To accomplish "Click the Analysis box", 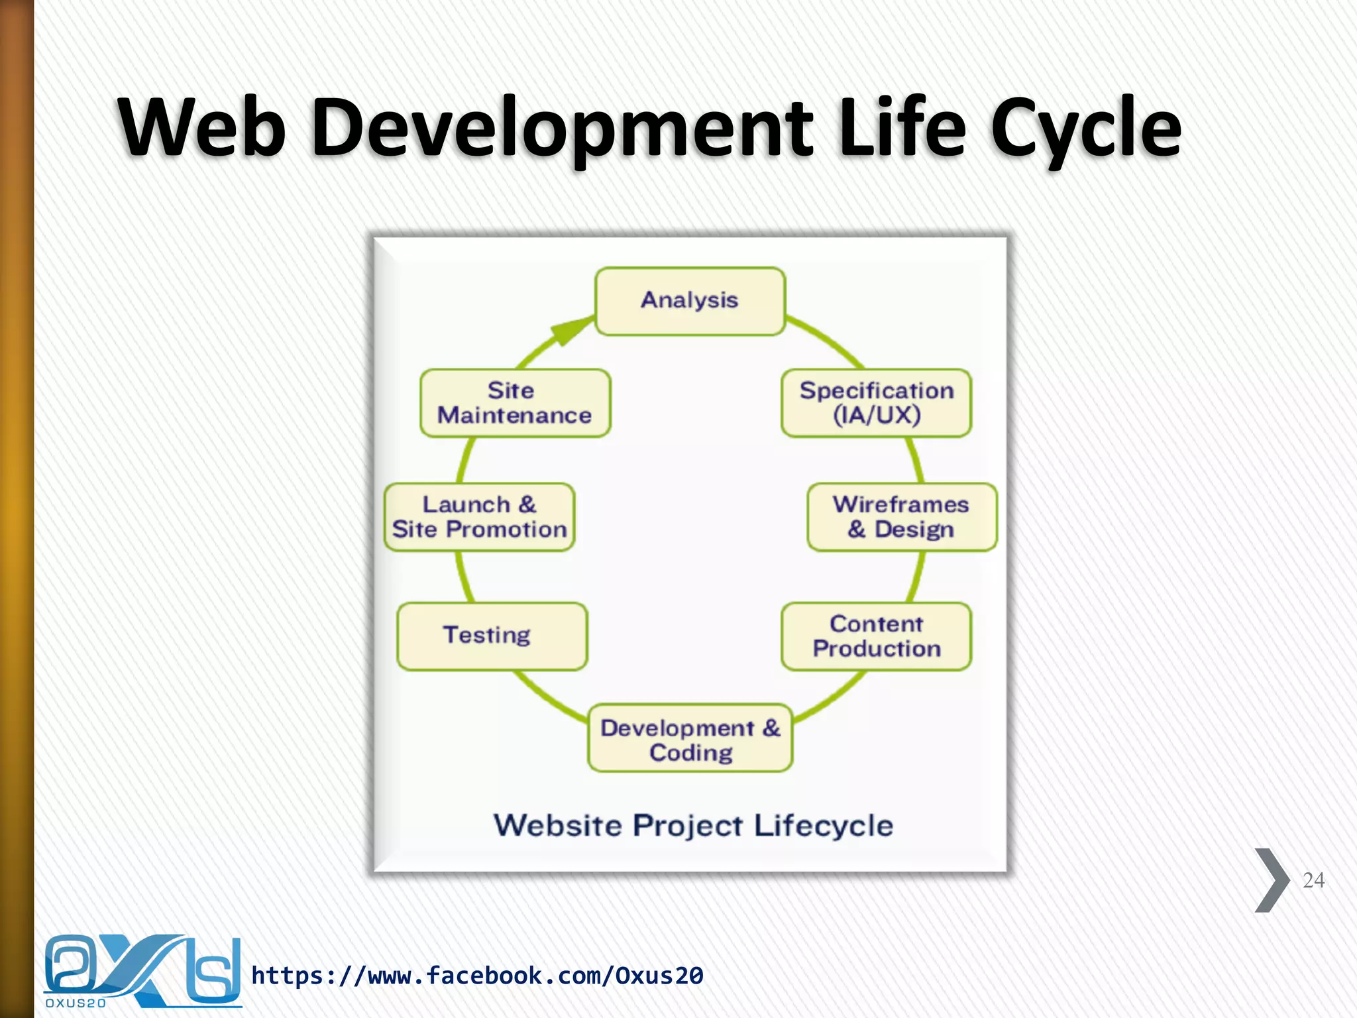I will pyautogui.click(x=690, y=301).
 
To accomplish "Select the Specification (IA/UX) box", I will pyautogui.click(x=876, y=403).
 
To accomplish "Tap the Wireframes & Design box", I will pyautogui.click(x=901, y=517).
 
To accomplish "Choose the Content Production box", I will pyautogui.click(x=876, y=636).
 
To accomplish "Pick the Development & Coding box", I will pyautogui.click(x=690, y=738).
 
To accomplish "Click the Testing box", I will pyautogui.click(x=492, y=636).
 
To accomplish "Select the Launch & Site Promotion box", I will pyautogui.click(x=479, y=517).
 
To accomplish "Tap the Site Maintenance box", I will pyautogui.click(x=515, y=403).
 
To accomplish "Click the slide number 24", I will pyautogui.click(x=1313, y=880).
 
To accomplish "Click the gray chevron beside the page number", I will pyautogui.click(x=1271, y=880).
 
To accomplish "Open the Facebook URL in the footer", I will pyautogui.click(x=477, y=976).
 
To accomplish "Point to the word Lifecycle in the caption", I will pyautogui.click(x=823, y=826).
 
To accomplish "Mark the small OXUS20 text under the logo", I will pyautogui.click(x=76, y=1003).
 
